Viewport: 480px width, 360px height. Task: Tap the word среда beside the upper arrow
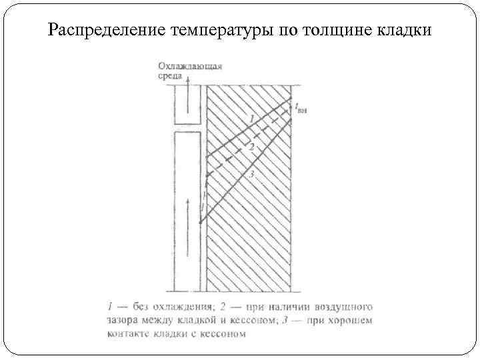tap(170, 77)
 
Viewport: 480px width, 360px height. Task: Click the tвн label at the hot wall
tap(301, 108)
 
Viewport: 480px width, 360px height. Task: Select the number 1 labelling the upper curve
tap(251, 118)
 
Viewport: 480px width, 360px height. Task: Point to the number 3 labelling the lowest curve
tap(251, 175)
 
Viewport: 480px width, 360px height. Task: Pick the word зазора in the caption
tap(122, 321)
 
